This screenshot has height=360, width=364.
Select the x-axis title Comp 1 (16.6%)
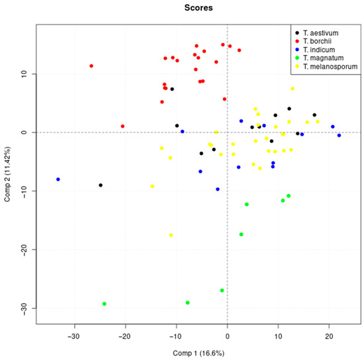click(x=195, y=355)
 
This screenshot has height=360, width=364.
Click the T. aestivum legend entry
click(x=320, y=32)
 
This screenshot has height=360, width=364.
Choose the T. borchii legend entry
click(x=318, y=41)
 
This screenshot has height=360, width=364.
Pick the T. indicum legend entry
click(x=319, y=50)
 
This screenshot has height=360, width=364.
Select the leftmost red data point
click(x=91, y=66)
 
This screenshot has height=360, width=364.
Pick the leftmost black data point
click(x=101, y=185)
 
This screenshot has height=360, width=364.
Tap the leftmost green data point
click(x=105, y=304)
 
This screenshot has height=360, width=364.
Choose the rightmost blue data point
click(x=340, y=136)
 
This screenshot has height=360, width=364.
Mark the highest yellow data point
click(x=293, y=89)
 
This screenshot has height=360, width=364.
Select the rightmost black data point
click(x=315, y=115)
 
